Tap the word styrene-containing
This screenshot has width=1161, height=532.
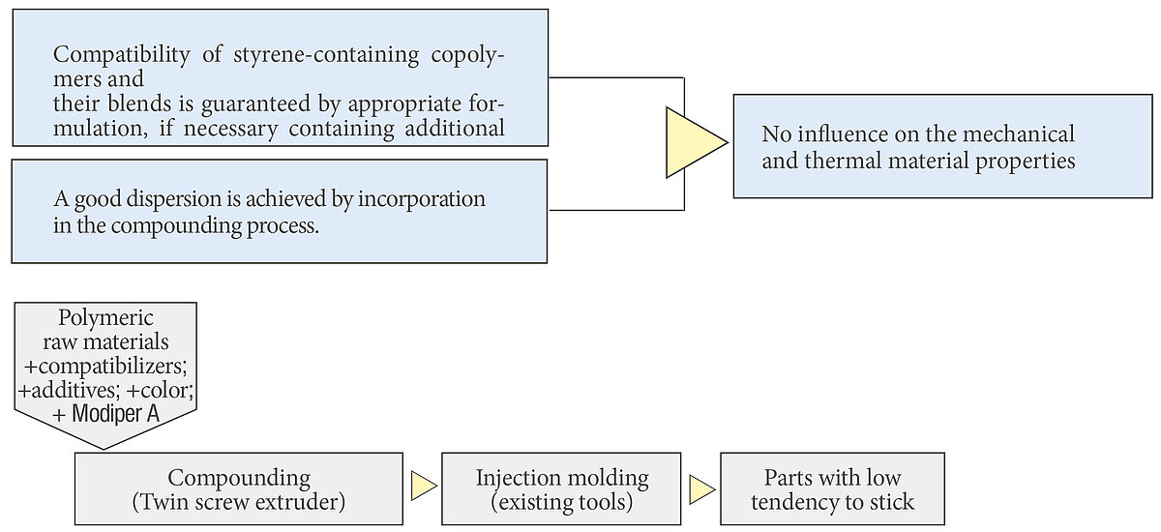(x=326, y=55)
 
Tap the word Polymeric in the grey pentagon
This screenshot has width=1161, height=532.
(x=105, y=318)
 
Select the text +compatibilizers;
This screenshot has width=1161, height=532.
(x=105, y=367)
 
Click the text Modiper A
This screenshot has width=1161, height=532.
(x=115, y=414)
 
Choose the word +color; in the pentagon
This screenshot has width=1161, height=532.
(x=160, y=390)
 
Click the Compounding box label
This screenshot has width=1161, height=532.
(x=239, y=478)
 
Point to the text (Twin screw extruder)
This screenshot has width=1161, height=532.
(x=239, y=501)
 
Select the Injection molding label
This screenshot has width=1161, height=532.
(x=562, y=478)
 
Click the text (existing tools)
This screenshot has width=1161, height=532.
(x=562, y=501)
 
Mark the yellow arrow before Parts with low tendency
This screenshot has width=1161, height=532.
(x=702, y=489)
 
